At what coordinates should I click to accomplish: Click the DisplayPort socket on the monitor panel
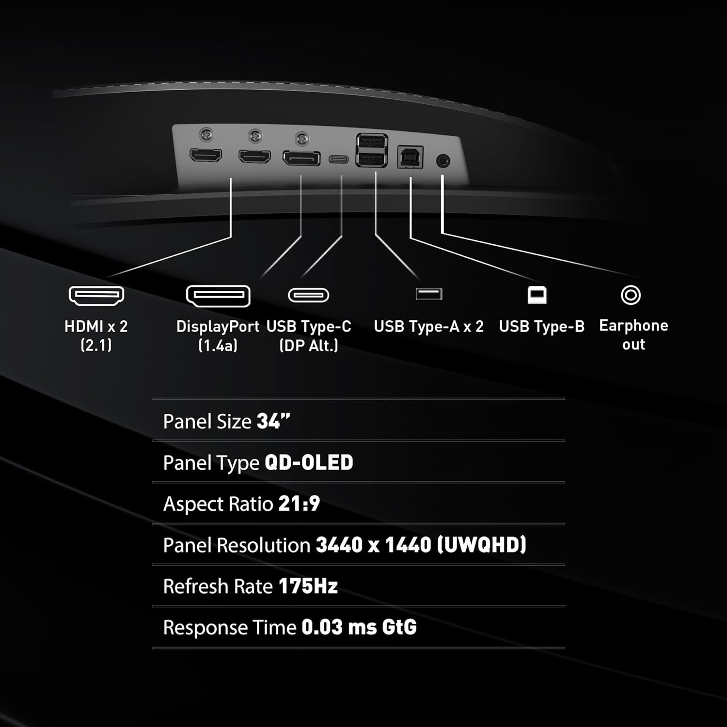pyautogui.click(x=301, y=158)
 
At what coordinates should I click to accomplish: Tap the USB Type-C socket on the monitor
pyautogui.click(x=339, y=159)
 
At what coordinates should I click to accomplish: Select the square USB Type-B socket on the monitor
pyautogui.click(x=410, y=158)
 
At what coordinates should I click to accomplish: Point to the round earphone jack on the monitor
pyautogui.click(x=443, y=161)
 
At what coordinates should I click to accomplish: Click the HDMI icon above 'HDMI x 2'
pyautogui.click(x=96, y=295)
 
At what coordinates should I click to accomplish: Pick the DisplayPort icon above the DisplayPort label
pyautogui.click(x=218, y=296)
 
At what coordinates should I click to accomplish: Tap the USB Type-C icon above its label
pyautogui.click(x=309, y=295)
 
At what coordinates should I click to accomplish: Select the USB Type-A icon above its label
pyautogui.click(x=429, y=294)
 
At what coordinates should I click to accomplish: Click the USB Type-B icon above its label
pyautogui.click(x=537, y=295)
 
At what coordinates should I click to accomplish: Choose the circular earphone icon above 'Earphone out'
pyautogui.click(x=631, y=295)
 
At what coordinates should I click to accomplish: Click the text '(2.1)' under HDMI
pyautogui.click(x=96, y=345)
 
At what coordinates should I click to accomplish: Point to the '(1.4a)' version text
pyautogui.click(x=218, y=345)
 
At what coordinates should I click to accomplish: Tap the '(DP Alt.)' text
pyautogui.click(x=309, y=345)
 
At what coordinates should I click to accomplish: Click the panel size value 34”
pyautogui.click(x=273, y=421)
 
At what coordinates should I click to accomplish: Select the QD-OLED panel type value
pyautogui.click(x=309, y=462)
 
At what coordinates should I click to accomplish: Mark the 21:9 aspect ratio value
pyautogui.click(x=299, y=504)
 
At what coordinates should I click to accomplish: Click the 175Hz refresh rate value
pyautogui.click(x=308, y=586)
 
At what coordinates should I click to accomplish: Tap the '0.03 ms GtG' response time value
pyautogui.click(x=359, y=627)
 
